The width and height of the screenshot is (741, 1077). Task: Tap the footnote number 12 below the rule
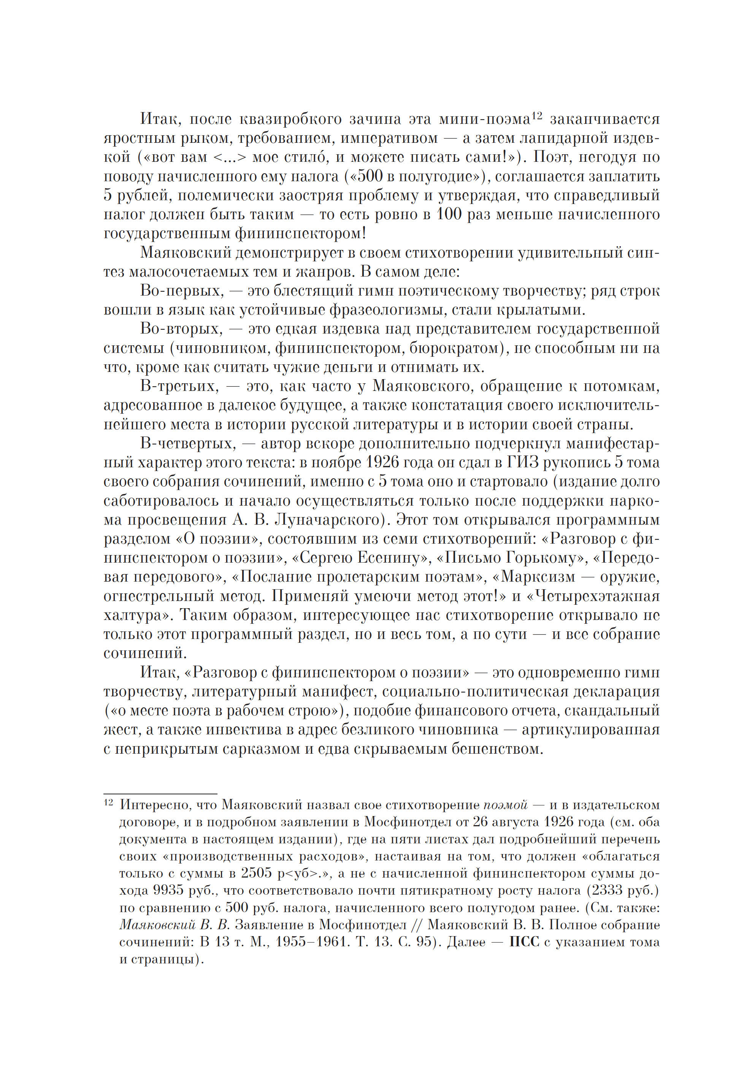click(108, 802)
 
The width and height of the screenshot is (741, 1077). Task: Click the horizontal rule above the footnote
click(160, 794)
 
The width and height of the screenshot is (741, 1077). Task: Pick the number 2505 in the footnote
click(256, 873)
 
